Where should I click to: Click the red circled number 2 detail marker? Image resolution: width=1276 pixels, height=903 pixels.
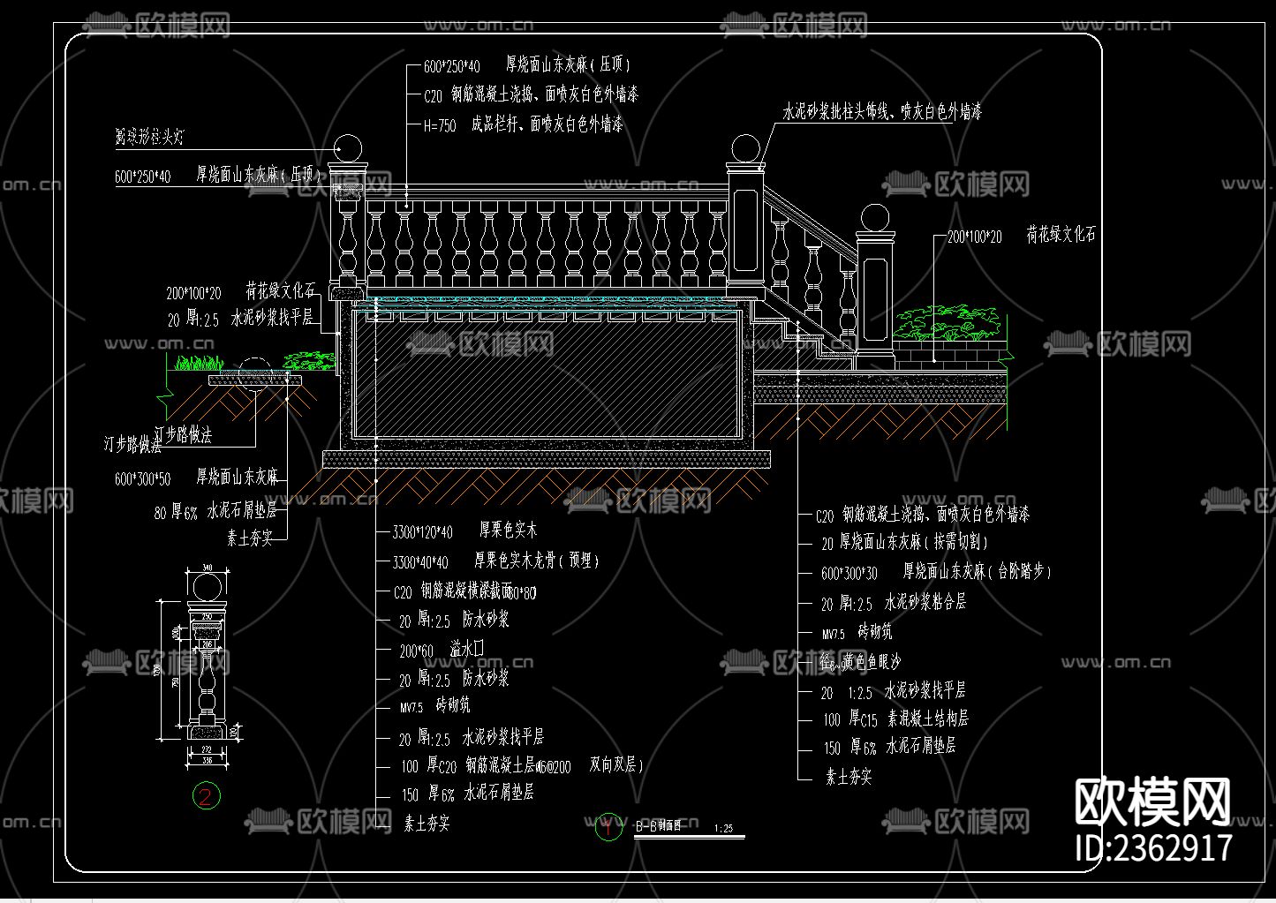206,796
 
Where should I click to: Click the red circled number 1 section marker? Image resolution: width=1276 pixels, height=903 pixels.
608,827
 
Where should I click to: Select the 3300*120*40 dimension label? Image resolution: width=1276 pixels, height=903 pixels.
422,531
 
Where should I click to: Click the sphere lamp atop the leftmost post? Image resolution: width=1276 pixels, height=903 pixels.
349,148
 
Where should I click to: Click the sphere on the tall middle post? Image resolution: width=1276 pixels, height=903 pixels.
746,149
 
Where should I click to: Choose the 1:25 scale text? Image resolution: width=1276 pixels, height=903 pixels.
723,829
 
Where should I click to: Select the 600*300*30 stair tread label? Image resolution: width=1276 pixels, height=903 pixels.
849,574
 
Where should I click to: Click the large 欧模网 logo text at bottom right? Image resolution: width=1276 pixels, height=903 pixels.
1152,801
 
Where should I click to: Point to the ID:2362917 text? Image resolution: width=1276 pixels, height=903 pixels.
1152,847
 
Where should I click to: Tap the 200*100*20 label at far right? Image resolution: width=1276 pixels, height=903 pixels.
974,237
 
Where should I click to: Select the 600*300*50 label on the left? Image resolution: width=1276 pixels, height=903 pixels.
142,479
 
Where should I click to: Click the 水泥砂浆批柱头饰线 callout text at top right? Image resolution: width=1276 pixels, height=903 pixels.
881,112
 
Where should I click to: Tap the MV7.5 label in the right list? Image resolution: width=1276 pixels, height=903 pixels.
834,634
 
